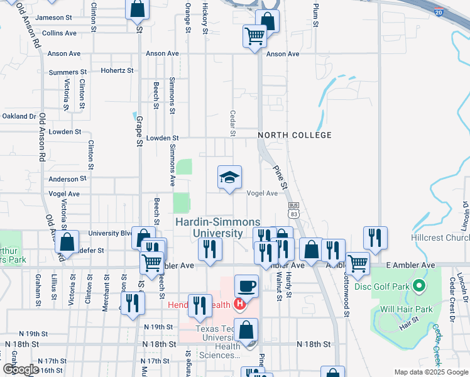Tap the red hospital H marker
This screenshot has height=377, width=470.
(x=239, y=288)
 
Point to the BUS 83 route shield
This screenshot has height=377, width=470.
(x=293, y=210)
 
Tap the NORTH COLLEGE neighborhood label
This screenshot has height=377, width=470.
(x=294, y=135)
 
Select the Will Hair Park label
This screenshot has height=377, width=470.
(x=407, y=309)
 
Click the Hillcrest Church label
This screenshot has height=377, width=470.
(x=440, y=238)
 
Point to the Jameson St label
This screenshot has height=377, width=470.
(x=60, y=18)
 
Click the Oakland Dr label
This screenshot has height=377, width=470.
(x=19, y=116)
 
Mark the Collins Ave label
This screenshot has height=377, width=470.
(x=59, y=33)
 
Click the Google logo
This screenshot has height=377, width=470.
(x=21, y=369)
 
